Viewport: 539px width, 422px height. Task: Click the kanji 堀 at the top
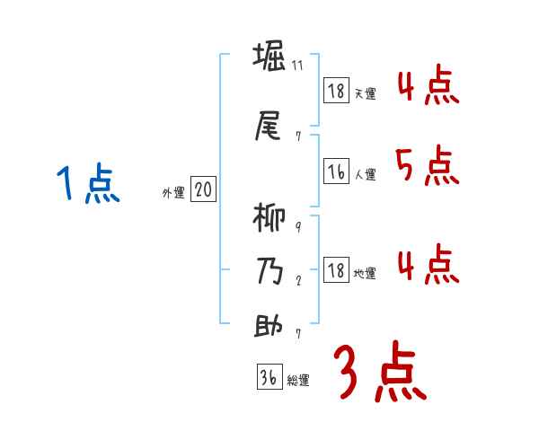tap(269, 58)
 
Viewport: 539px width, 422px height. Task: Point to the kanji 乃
tap(269, 272)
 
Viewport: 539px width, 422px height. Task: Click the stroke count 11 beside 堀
tap(298, 67)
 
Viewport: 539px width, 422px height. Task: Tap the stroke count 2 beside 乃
tap(298, 279)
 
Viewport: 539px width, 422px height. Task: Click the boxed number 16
tap(336, 172)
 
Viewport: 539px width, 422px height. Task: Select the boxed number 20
tap(204, 189)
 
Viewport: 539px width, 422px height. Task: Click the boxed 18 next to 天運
tap(336, 91)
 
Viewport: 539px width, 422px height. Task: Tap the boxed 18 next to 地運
tap(336, 270)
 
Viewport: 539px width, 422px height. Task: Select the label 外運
tap(172, 192)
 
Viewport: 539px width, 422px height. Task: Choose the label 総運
tap(299, 380)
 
